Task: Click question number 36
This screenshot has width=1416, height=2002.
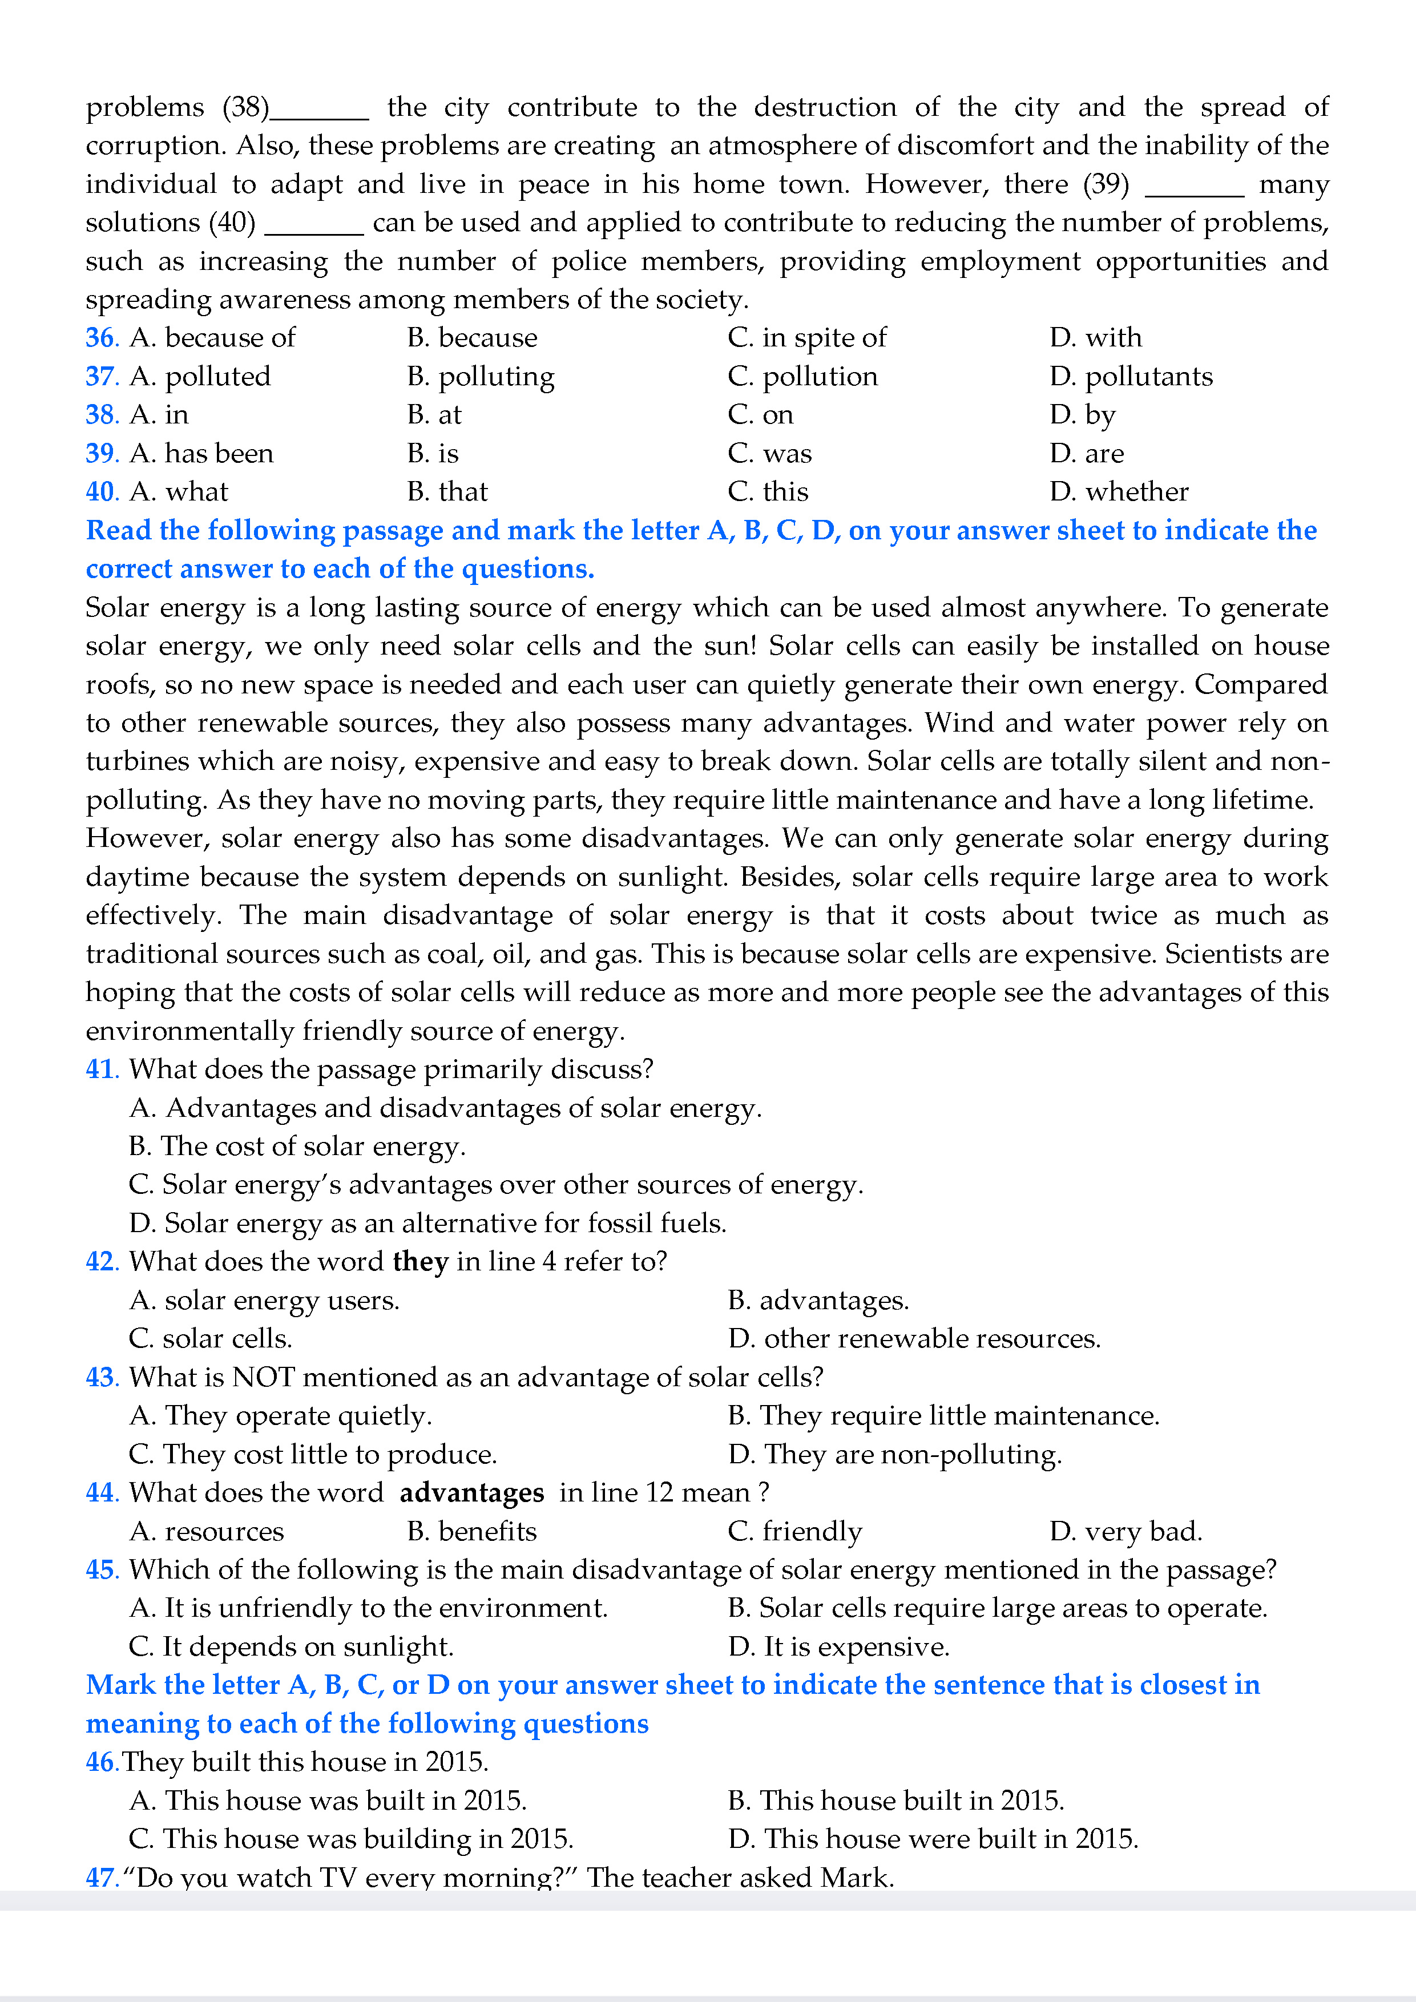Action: point(101,337)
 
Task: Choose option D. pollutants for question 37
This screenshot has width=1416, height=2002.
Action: point(1131,377)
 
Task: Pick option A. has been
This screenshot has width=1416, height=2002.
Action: point(201,453)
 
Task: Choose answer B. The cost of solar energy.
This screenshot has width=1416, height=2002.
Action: point(297,1146)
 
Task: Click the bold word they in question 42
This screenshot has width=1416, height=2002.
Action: point(420,1262)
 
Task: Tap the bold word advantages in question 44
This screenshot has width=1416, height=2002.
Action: point(471,1493)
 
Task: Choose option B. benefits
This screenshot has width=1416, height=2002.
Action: point(471,1531)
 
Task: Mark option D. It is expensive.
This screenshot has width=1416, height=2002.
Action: point(839,1646)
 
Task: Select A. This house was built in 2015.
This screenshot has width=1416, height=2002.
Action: point(328,1800)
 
